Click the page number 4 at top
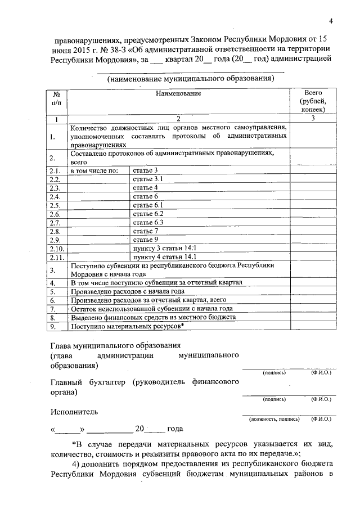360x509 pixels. pyautogui.click(x=331, y=22)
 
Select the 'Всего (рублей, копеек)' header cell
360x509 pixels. pyautogui.click(x=313, y=101)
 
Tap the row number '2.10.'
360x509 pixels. pyautogui.click(x=57, y=248)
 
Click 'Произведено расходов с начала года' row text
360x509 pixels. pyautogui.click(x=128, y=291)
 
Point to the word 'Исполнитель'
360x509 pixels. pyautogui.click(x=74, y=411)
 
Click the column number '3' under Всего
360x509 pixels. pyautogui.click(x=313, y=119)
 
